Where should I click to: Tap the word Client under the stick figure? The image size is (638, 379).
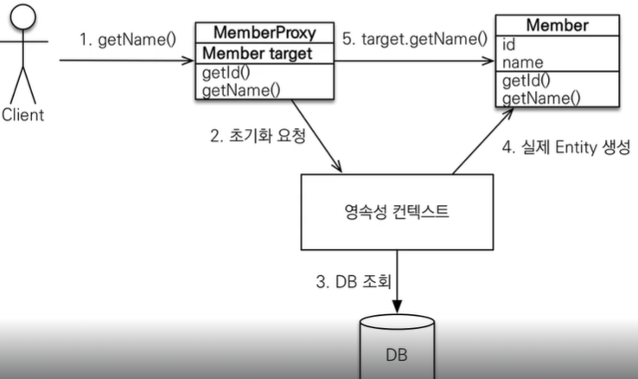[x=22, y=114]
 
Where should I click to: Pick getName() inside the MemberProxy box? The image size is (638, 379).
[x=229, y=89]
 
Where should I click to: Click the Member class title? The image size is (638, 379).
[x=556, y=25]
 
